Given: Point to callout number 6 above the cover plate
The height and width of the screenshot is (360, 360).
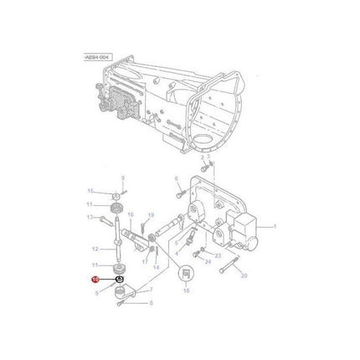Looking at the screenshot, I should pyautogui.click(x=177, y=178).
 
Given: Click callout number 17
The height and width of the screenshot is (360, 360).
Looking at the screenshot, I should pyautogui.click(x=144, y=261).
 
